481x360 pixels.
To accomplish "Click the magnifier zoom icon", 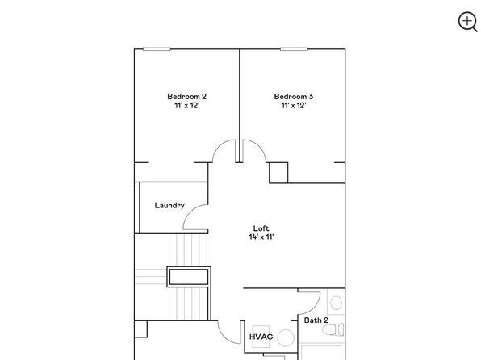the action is tap(467, 22).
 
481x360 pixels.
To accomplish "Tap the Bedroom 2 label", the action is tap(186, 97).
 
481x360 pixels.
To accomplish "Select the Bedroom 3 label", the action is tap(294, 97).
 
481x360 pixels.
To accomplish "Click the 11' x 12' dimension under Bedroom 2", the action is tap(186, 106).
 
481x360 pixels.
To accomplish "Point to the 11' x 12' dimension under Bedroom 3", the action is tap(294, 106).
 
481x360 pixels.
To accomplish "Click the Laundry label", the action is tap(169, 206).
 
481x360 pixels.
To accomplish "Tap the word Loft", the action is tap(261, 228).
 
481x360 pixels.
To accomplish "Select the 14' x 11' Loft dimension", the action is tap(261, 237).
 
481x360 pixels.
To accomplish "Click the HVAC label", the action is tap(261, 337).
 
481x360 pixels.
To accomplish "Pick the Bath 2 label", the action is tap(316, 320).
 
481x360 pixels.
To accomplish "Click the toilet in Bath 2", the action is tap(333, 330).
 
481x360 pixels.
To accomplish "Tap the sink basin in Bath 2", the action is tap(337, 303).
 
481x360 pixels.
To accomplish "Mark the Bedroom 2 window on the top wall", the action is tap(157, 48).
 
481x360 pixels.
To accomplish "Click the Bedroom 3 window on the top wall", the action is tap(294, 48).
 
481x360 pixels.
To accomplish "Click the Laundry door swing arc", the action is tap(190, 211).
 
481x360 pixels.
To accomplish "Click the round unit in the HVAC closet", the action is tap(286, 338).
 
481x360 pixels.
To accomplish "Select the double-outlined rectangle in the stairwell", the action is tap(189, 277).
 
